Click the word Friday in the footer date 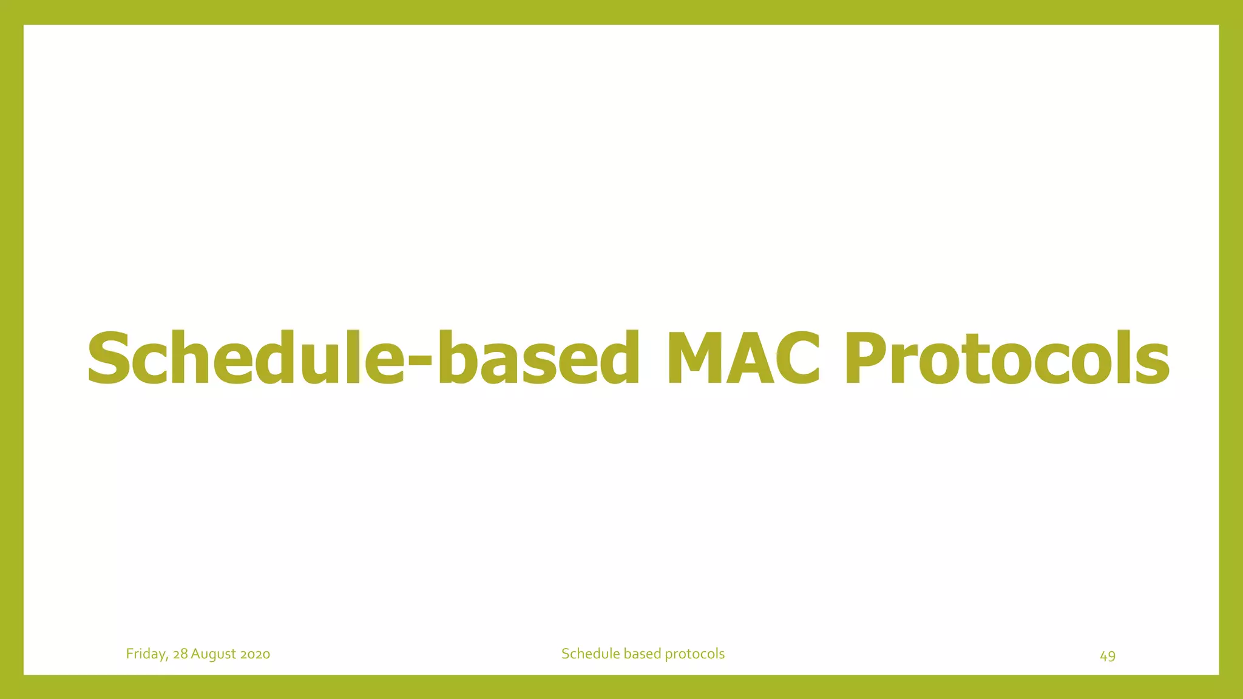(x=146, y=654)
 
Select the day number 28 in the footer (x=180, y=654)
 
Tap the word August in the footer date (x=213, y=654)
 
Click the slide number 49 (x=1108, y=656)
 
